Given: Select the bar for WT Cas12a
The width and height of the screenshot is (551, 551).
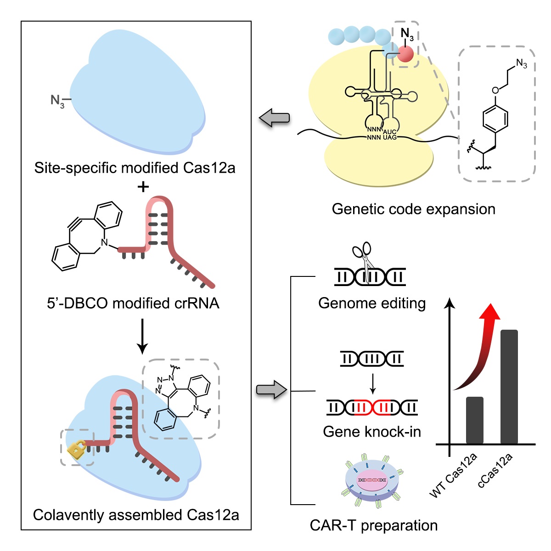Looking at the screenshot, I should coord(474,420).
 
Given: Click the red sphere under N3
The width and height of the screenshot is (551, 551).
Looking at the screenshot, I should coord(405,54).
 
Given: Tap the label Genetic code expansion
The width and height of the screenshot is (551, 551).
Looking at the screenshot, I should coord(413,209).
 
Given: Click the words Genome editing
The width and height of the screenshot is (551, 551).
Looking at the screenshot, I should coord(372,303).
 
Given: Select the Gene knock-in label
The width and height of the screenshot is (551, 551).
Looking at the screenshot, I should coord(372,432).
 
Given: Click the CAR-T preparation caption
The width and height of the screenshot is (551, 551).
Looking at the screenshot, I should coord(374,525).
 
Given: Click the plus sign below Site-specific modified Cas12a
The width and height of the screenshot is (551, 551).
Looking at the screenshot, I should coord(143,187).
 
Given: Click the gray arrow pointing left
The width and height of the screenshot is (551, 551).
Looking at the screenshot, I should coord(275,118).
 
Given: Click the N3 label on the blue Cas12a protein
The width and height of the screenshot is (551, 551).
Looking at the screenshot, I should coord(57,101).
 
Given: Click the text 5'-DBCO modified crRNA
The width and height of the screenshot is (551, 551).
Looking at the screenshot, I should coord(133,303).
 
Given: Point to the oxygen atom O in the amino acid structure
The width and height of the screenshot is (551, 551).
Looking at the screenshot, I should coord(495,90).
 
